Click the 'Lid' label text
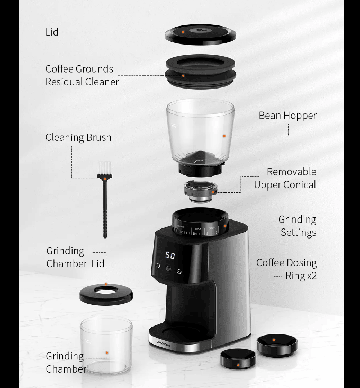(52, 32)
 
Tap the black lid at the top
(200, 34)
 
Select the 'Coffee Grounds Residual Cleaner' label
(82, 75)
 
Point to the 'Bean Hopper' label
(287, 116)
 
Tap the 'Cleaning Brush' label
(78, 138)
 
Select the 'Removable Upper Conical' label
(285, 179)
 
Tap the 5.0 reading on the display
(170, 255)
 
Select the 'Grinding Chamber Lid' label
(75, 257)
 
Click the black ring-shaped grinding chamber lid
(106, 294)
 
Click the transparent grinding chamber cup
(106, 345)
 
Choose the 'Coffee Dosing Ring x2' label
(286, 269)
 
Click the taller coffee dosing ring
(277, 344)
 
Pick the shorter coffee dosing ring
(238, 358)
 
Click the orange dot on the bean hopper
(224, 136)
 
